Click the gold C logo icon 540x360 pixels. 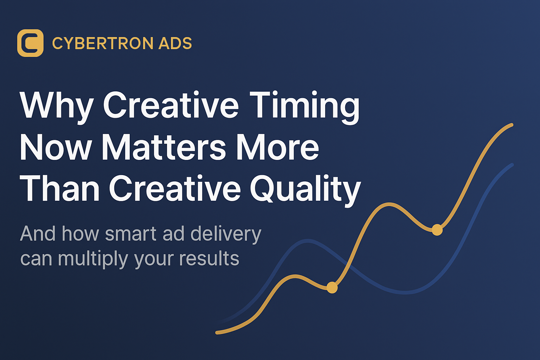(x=30, y=43)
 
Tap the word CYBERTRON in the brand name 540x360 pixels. (x=103, y=43)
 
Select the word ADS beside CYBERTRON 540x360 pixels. (x=175, y=43)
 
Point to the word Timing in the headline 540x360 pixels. (x=304, y=108)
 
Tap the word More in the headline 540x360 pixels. (x=278, y=147)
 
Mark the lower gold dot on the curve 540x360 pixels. (x=332, y=288)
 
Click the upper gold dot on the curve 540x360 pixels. (x=437, y=230)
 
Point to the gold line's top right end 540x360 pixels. (x=512, y=125)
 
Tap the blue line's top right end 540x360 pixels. (x=512, y=165)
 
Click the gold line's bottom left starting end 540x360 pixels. (x=217, y=333)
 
